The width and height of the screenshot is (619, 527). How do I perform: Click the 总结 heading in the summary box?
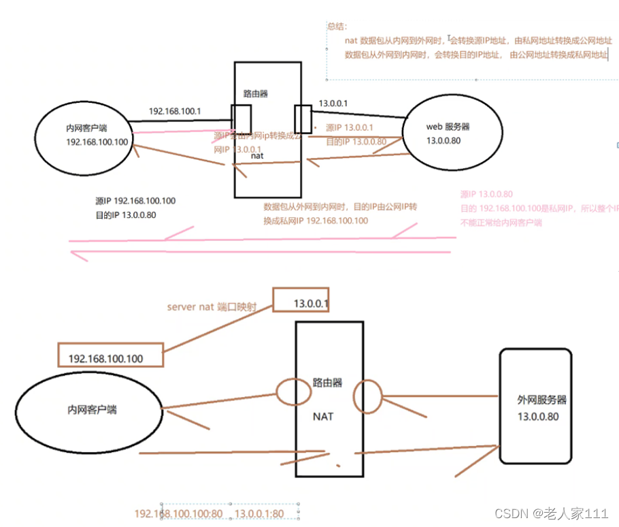point(337,27)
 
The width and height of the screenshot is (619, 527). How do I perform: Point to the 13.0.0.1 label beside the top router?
point(333,103)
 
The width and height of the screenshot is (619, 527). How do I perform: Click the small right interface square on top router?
point(302,120)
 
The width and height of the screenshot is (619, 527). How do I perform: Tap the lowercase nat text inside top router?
point(257,156)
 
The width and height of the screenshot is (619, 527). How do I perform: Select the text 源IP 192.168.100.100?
point(135,201)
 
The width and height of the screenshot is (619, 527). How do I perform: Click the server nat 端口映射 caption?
point(213,306)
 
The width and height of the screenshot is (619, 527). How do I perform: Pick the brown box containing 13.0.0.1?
point(301,302)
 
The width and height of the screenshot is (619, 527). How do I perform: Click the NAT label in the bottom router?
point(323,416)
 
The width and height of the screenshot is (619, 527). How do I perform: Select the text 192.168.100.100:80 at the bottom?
point(179,513)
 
